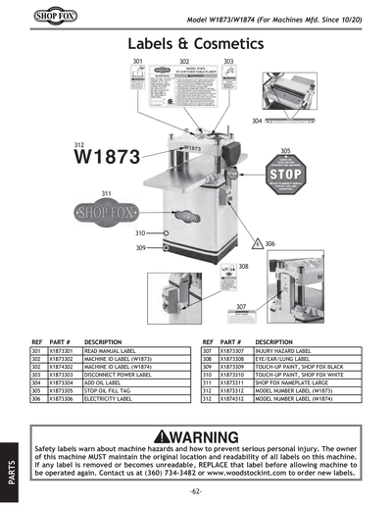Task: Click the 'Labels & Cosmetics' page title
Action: click(x=196, y=45)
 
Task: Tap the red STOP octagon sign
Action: click(x=284, y=182)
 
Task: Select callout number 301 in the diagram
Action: click(x=138, y=62)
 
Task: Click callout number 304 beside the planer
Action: click(x=257, y=121)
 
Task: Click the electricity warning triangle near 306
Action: click(x=258, y=241)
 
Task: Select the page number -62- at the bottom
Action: click(x=196, y=490)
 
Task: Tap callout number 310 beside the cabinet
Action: click(x=140, y=232)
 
